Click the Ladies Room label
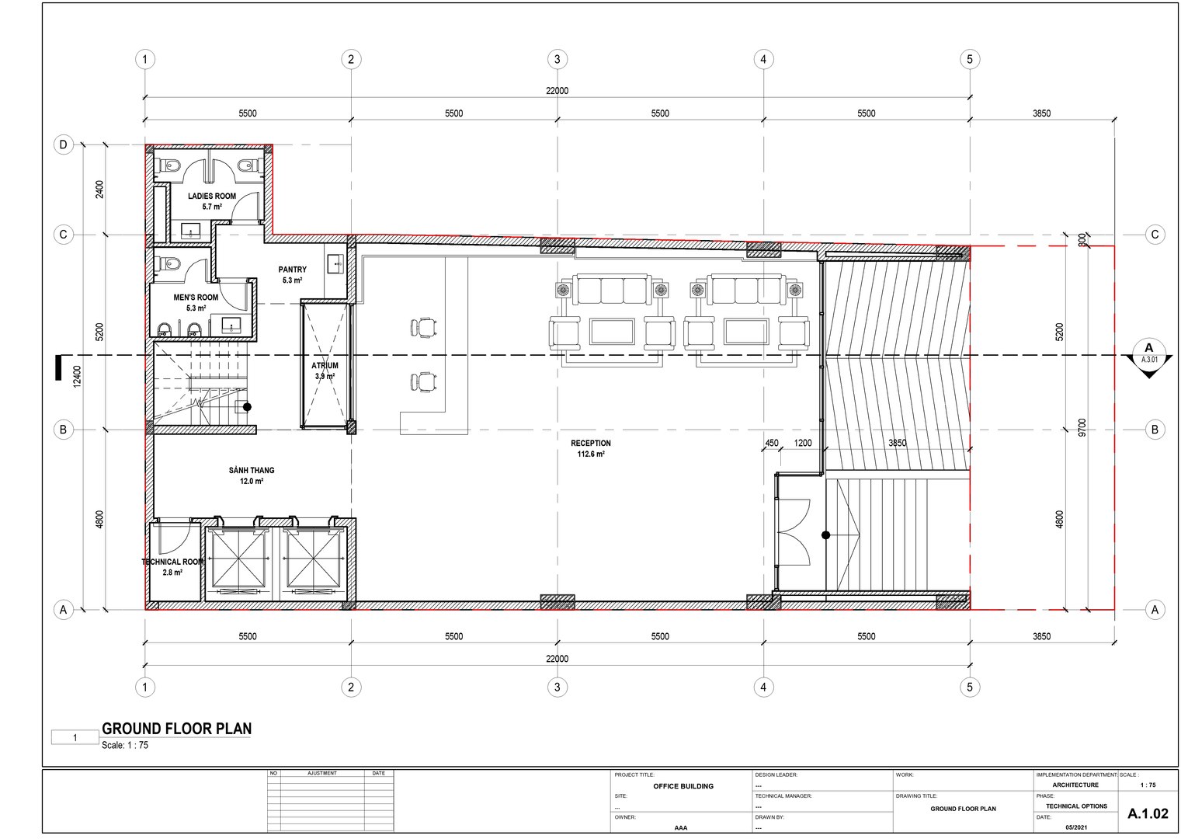(212, 197)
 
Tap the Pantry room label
(293, 270)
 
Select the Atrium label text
(325, 366)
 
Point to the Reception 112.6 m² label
(591, 448)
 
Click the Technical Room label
(172, 562)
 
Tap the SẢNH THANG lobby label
(252, 471)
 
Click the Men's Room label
(196, 298)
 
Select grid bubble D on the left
(64, 144)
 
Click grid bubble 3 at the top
(557, 59)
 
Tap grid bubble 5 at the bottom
(969, 687)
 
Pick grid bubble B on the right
(1155, 430)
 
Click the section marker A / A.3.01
(1149, 354)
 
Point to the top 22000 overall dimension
(557, 91)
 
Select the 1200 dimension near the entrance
(803, 444)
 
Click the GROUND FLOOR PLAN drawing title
(177, 729)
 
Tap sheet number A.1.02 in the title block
(1148, 813)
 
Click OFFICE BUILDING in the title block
(683, 786)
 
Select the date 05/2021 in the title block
(1077, 827)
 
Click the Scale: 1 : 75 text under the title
(125, 746)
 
